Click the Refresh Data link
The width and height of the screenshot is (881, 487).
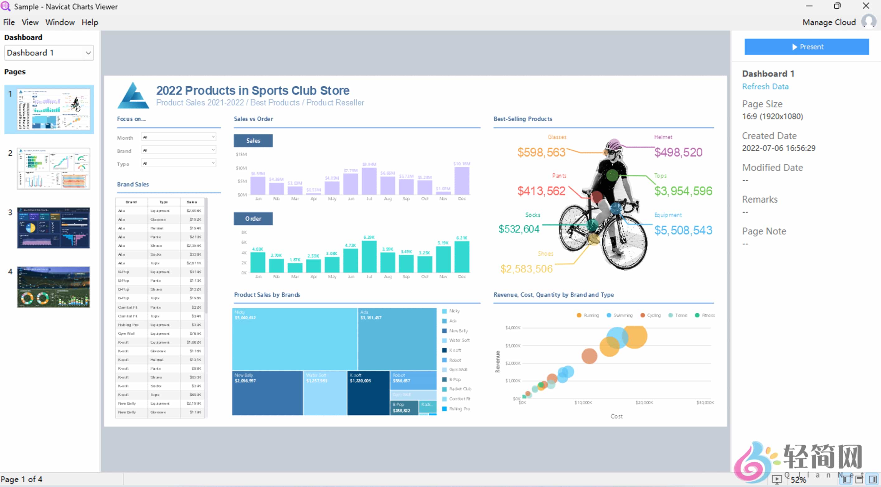click(x=765, y=87)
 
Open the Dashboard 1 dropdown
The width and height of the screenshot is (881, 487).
click(x=49, y=53)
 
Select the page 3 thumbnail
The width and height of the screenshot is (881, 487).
click(x=53, y=227)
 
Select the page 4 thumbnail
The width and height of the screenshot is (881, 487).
click(x=53, y=287)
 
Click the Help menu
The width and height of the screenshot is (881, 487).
click(x=90, y=22)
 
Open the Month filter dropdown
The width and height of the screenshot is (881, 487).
click(x=178, y=137)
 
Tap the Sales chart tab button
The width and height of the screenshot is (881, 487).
click(x=253, y=140)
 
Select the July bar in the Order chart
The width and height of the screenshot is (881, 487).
click(x=369, y=257)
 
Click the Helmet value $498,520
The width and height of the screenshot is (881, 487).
click(x=678, y=152)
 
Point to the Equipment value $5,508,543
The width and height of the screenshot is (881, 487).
click(x=683, y=230)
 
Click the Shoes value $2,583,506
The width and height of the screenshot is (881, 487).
click(x=526, y=269)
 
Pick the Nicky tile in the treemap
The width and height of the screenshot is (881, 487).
click(x=294, y=339)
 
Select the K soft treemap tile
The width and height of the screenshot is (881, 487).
click(x=368, y=393)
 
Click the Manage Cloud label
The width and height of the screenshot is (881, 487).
click(x=829, y=22)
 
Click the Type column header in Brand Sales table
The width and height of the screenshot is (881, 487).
click(x=163, y=202)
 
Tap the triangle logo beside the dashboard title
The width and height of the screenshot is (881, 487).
click(x=133, y=96)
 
